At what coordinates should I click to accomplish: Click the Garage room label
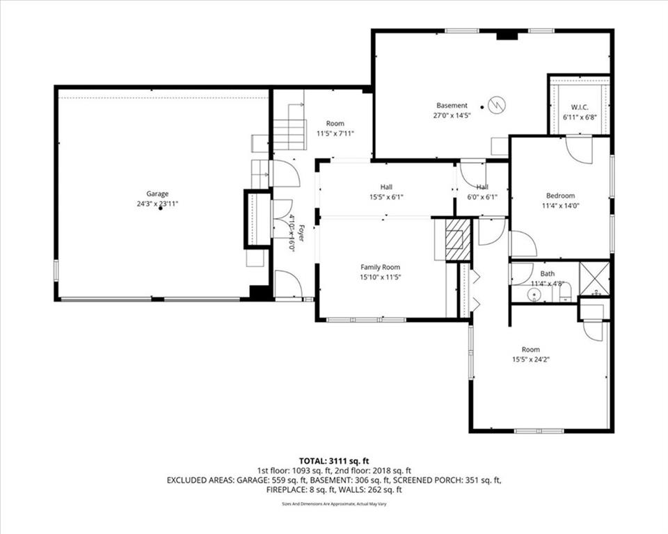pos(157,194)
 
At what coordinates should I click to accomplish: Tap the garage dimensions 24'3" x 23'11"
pos(157,204)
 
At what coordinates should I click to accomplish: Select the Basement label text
pos(452,106)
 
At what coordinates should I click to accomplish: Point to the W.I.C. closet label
pos(579,107)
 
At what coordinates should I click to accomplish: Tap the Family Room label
pos(380,267)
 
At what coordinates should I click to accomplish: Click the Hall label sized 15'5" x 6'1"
pos(386,187)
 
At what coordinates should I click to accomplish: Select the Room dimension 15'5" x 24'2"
pos(531,359)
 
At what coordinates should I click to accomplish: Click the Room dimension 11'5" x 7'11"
pos(336,133)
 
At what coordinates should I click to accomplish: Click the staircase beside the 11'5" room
pos(289,134)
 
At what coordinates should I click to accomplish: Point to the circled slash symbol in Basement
pos(498,105)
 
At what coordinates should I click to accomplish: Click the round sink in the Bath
pos(535,296)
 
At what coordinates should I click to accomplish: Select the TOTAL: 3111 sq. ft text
pos(334,460)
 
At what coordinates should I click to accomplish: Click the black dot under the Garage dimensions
pos(161,209)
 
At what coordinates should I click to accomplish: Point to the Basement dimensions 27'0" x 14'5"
pos(452,115)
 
